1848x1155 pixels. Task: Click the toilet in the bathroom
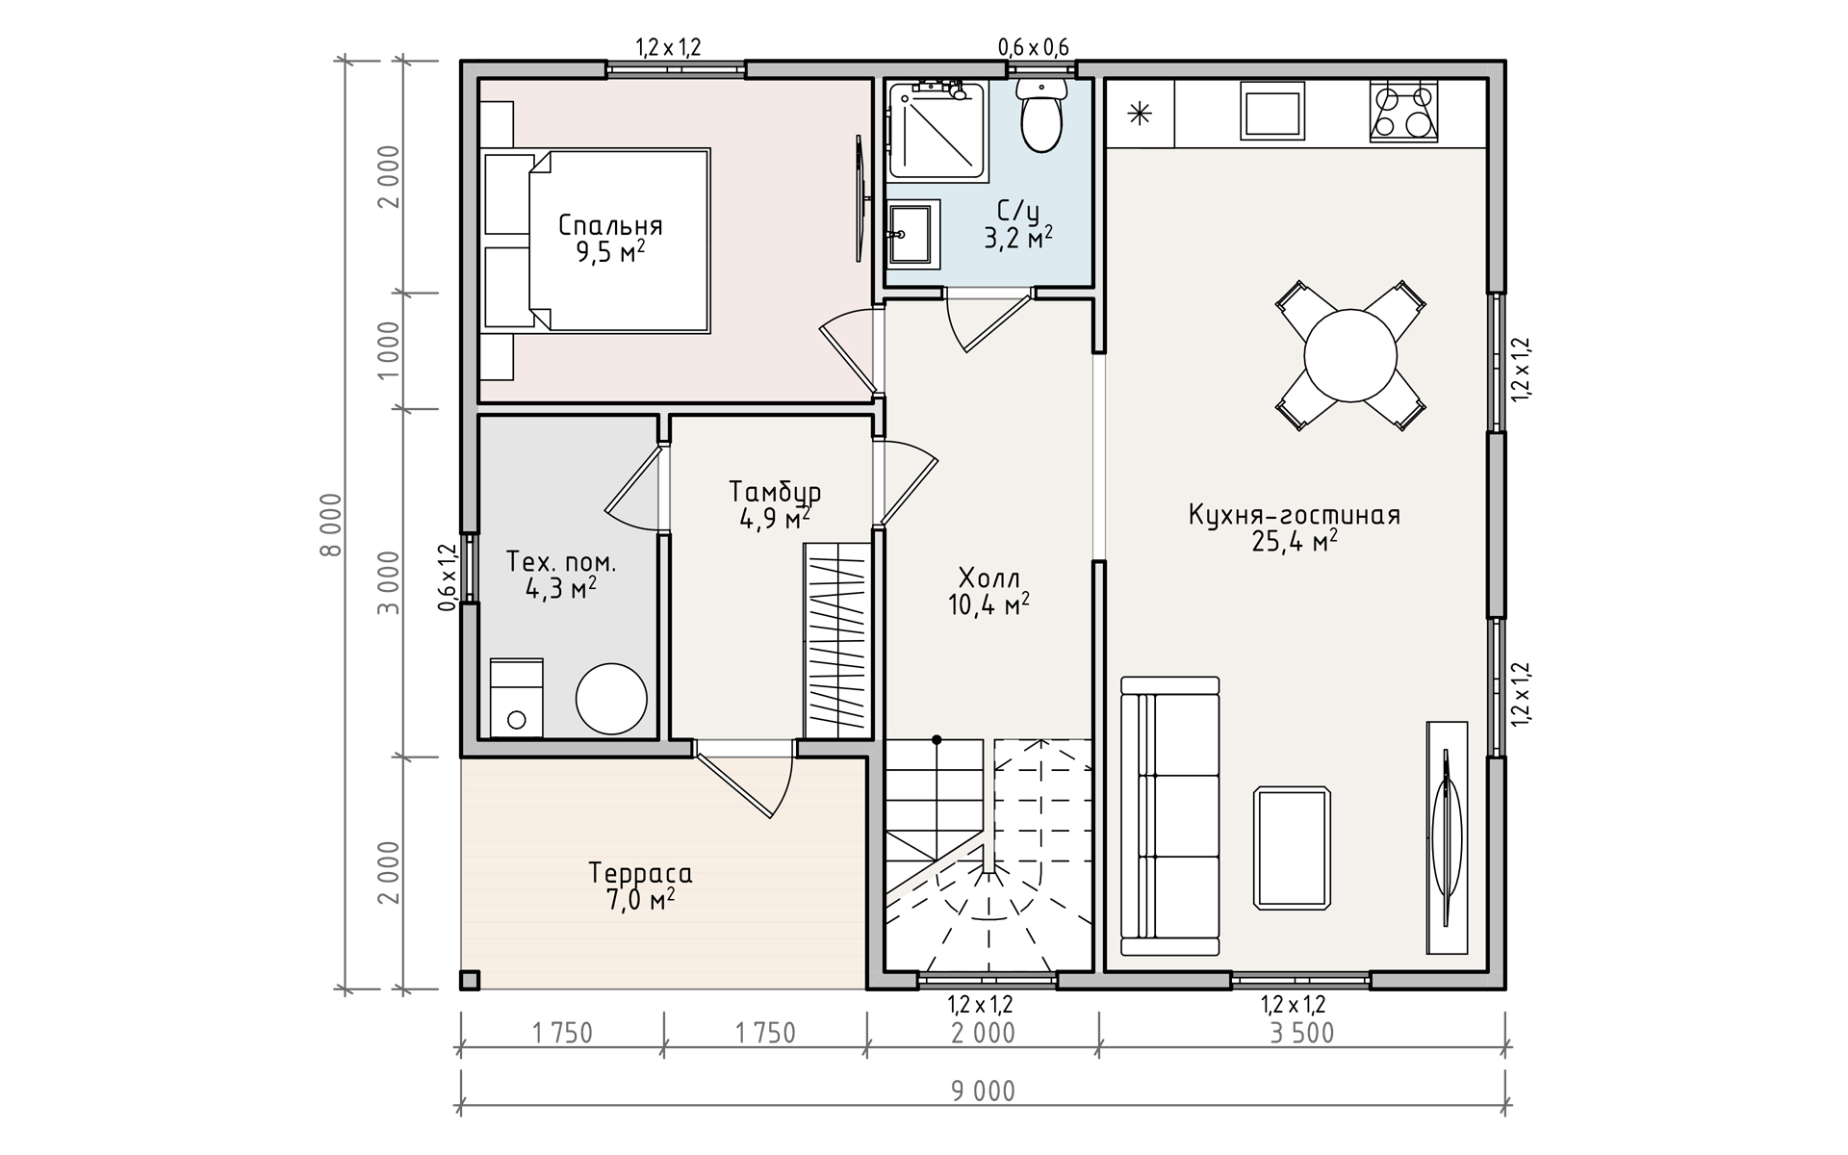coord(1040,115)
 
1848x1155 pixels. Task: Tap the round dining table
coord(1349,356)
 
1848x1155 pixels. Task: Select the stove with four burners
coord(1402,112)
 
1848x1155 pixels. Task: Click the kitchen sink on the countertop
coord(1272,111)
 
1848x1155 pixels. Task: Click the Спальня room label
coord(610,225)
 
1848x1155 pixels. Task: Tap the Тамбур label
coord(775,492)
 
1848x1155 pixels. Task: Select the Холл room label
coord(988,577)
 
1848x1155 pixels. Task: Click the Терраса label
coord(640,874)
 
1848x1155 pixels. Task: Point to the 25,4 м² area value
coord(1295,541)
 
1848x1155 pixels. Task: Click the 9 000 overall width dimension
coord(983,1091)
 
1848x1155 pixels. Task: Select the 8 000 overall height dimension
coord(331,525)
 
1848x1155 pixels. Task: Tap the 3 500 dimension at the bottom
coord(1302,1034)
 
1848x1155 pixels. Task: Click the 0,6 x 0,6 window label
coord(1033,47)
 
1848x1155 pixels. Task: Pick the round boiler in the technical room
coord(611,699)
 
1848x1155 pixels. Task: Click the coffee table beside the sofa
coord(1293,847)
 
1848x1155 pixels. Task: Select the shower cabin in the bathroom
coord(937,131)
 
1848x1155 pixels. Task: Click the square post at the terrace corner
coord(469,980)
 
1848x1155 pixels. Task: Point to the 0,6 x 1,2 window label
coord(447,577)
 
